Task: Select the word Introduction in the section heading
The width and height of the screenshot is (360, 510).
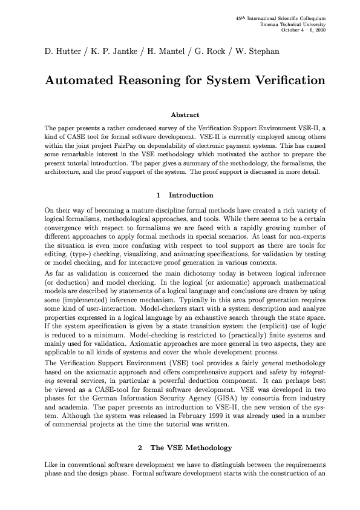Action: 191,195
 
